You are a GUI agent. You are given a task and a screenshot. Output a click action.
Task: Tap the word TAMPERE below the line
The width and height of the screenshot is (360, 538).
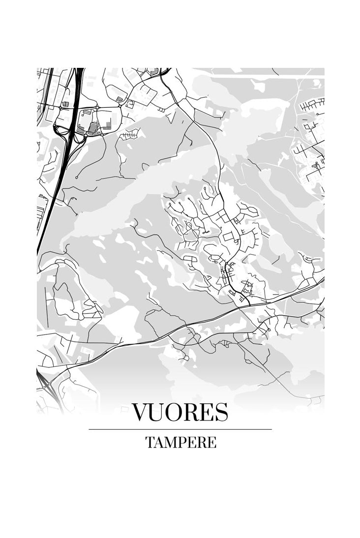[x=180, y=442]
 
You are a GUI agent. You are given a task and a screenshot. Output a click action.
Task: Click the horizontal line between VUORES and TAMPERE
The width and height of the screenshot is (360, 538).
[x=180, y=429]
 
